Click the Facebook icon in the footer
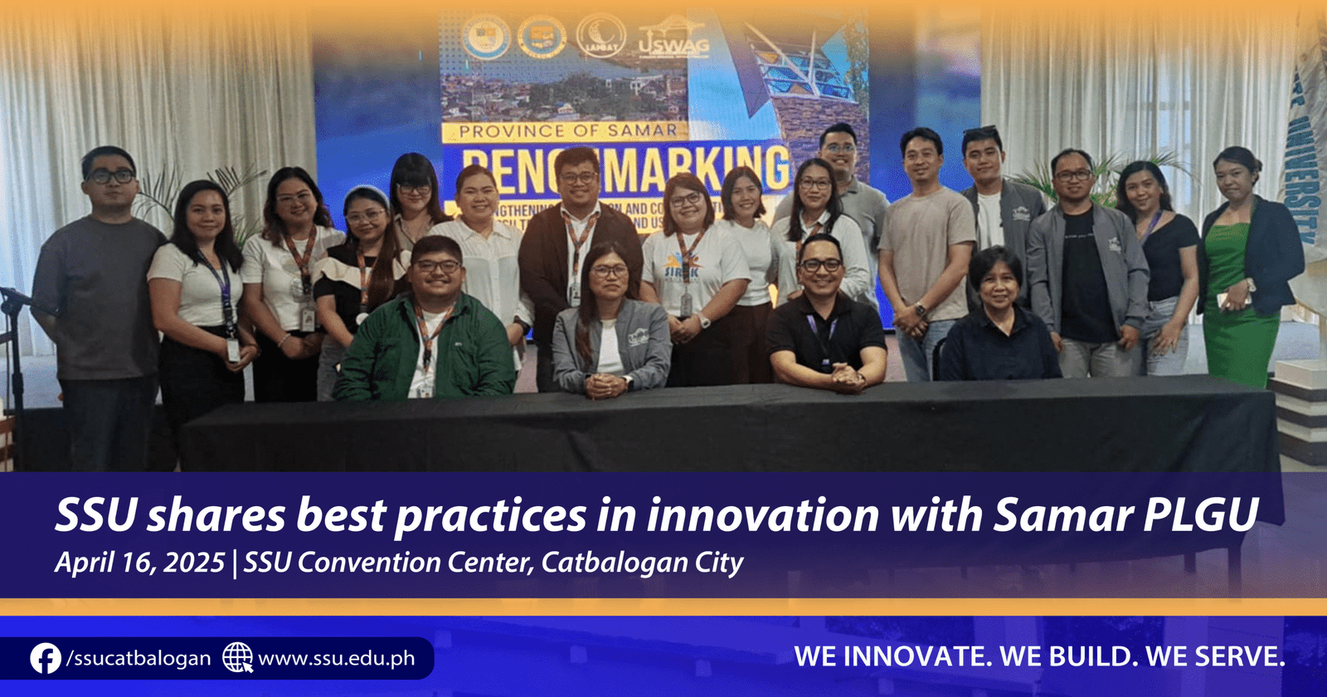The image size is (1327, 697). click(x=45, y=659)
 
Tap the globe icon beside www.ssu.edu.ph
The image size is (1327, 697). click(x=237, y=658)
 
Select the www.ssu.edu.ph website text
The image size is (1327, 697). click(x=336, y=659)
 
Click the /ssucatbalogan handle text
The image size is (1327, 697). click(x=139, y=659)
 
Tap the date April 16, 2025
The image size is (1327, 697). click(x=139, y=563)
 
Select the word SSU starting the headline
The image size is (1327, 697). click(x=95, y=515)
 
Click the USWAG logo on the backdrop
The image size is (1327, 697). click(x=673, y=41)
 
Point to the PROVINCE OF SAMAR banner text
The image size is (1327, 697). click(x=567, y=131)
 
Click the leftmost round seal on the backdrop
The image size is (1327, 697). click(x=486, y=37)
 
